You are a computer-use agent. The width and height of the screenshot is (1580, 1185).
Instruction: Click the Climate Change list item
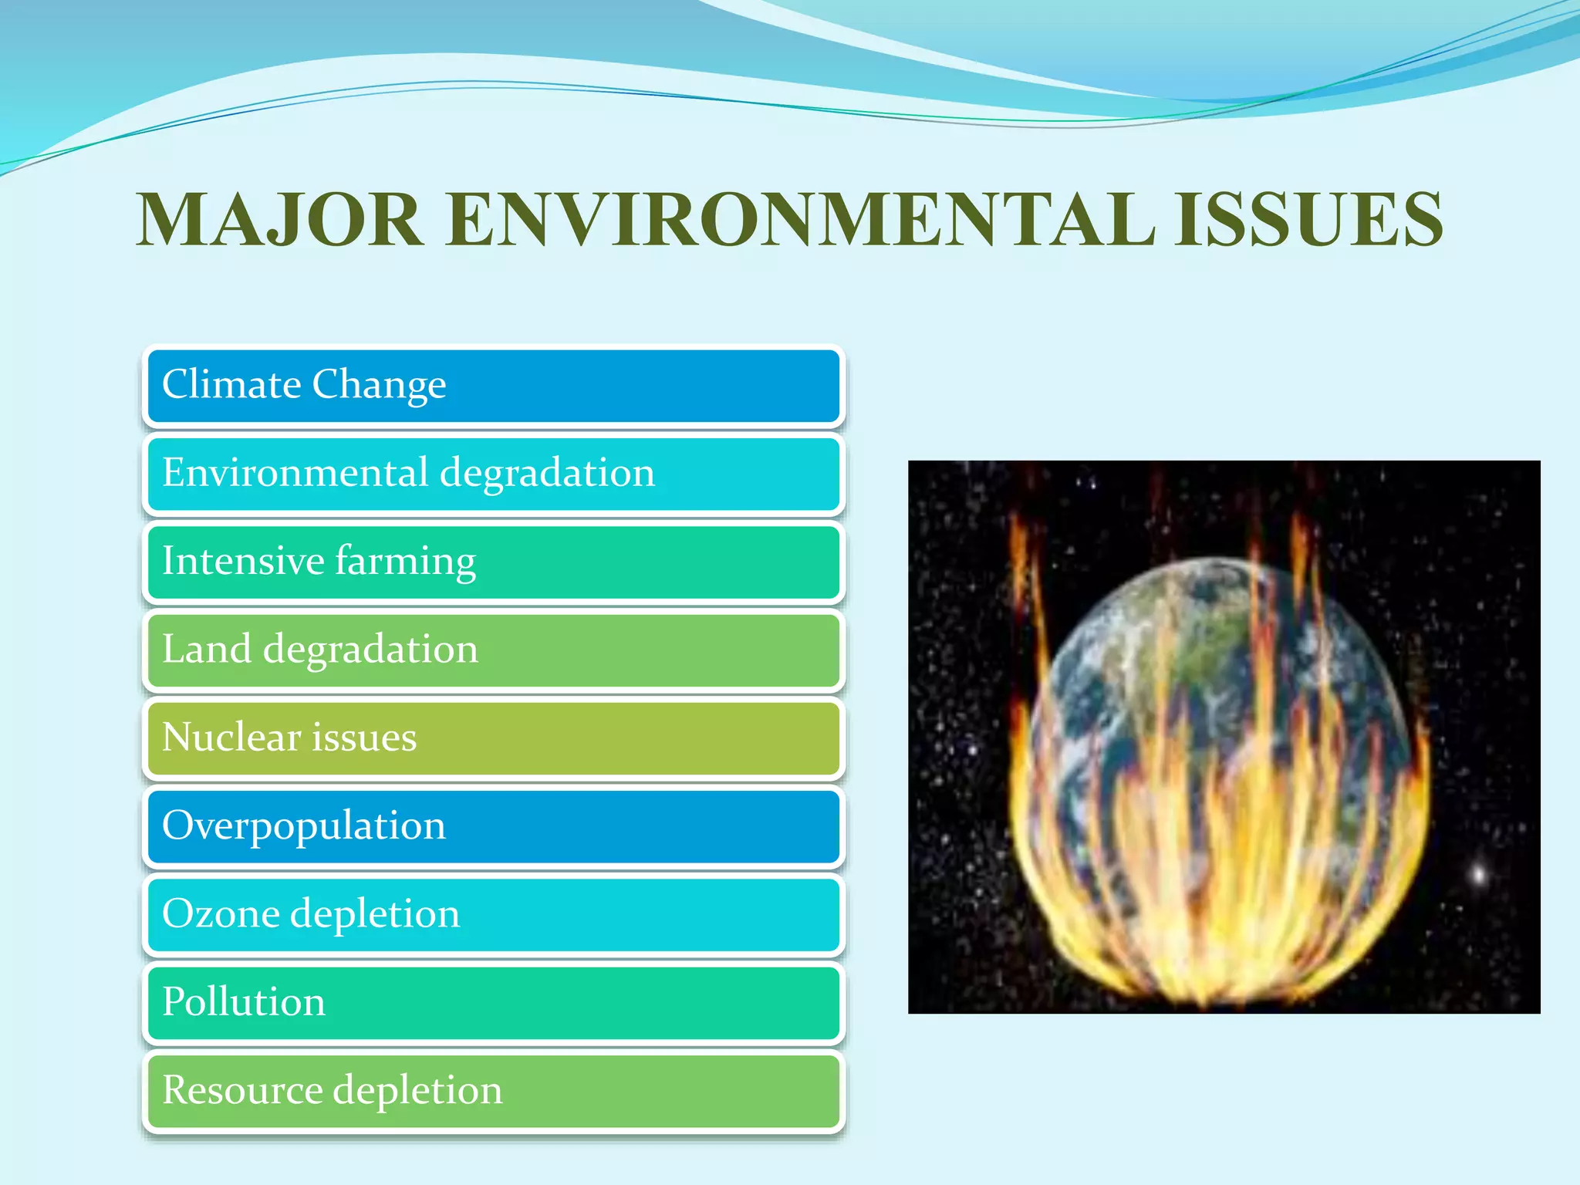(494, 386)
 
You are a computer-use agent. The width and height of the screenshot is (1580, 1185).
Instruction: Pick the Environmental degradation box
(494, 474)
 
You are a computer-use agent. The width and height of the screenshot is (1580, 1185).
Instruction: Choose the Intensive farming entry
(494, 562)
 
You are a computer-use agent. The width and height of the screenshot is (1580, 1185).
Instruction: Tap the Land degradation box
(494, 650)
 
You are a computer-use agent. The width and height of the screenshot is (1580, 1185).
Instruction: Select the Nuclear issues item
(494, 738)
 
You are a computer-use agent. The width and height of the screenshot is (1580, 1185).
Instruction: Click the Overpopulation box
(494, 826)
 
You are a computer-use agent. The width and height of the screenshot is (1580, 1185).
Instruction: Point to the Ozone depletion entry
(494, 914)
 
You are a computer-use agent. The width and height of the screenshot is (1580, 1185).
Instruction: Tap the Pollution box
(494, 1002)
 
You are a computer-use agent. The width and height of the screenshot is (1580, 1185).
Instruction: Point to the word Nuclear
(231, 738)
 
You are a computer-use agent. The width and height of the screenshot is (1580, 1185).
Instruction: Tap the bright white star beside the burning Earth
(1479, 874)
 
